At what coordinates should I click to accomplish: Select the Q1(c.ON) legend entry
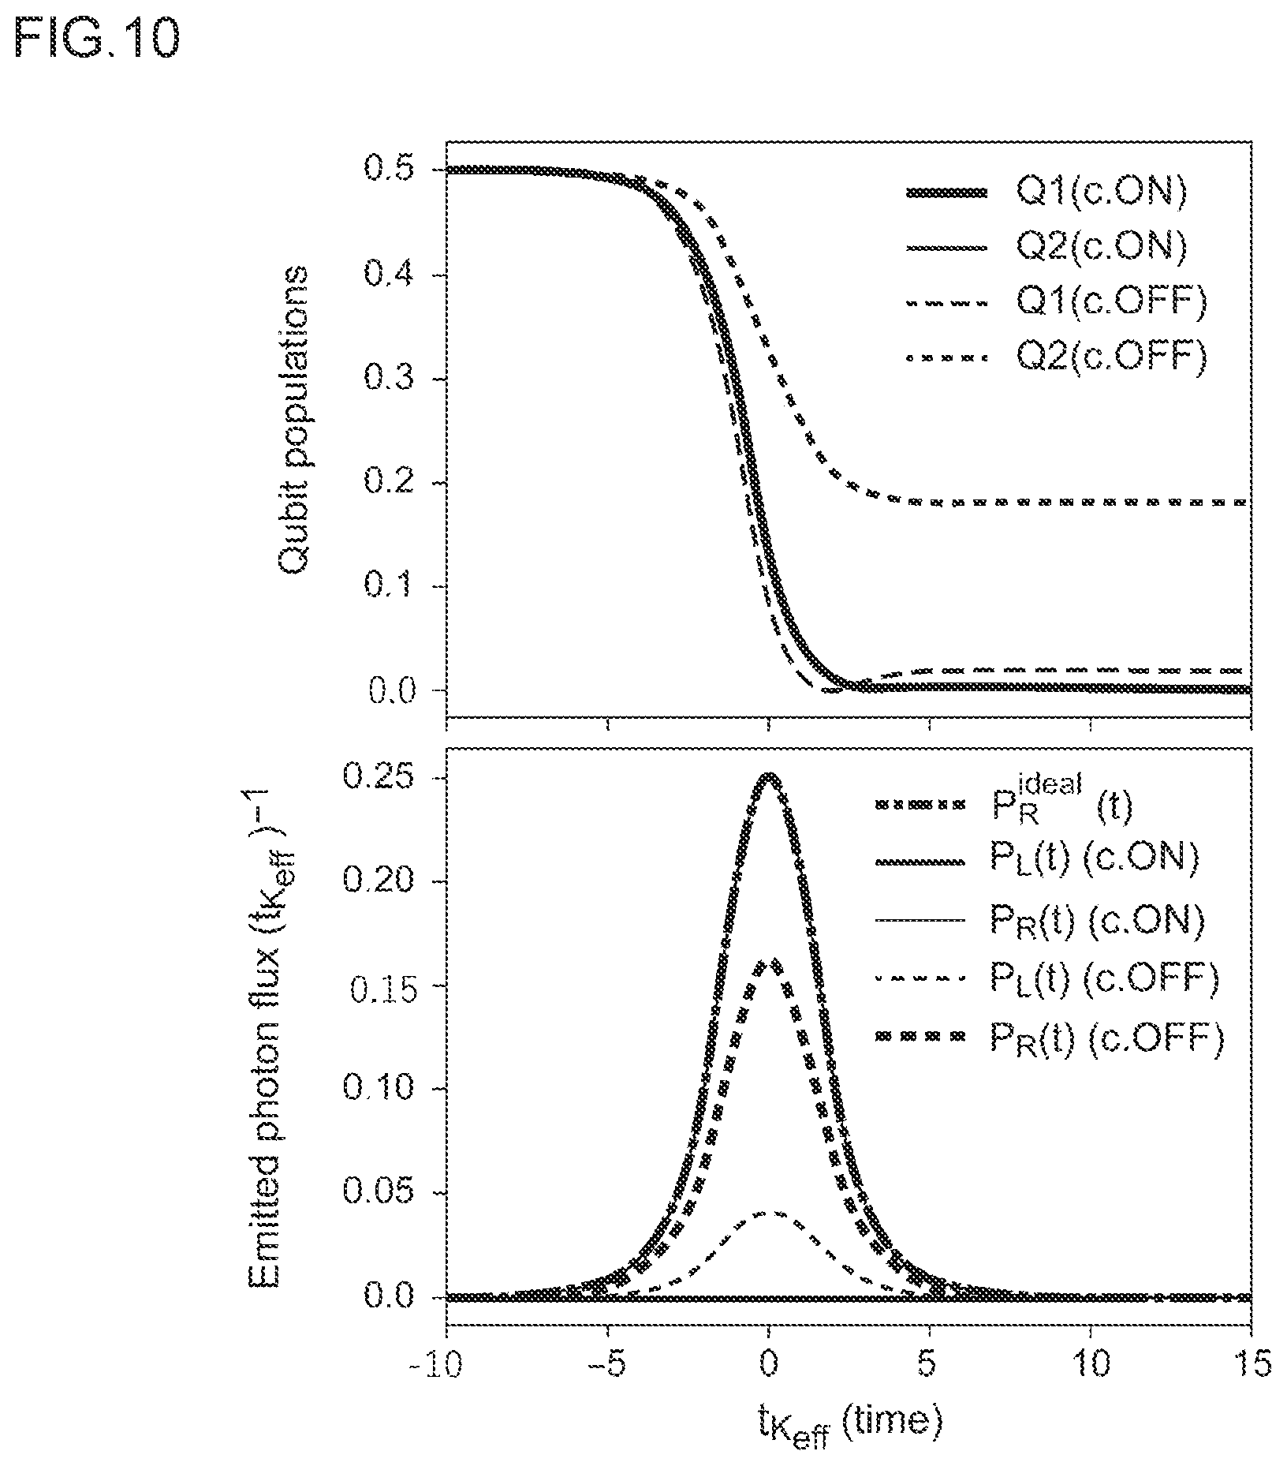[1046, 193]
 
